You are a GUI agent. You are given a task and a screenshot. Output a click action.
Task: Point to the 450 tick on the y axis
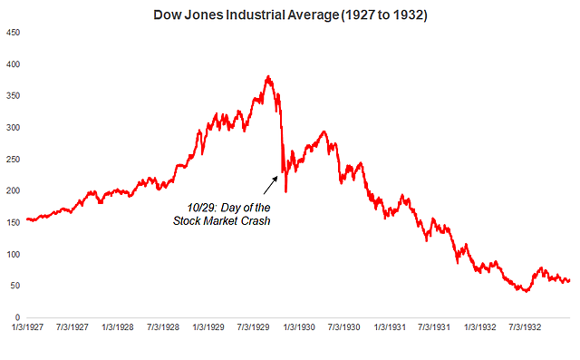click(12, 33)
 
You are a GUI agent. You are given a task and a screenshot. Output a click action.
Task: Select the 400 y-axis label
click(12, 64)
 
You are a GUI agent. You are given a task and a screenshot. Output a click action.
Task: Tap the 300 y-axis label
click(12, 128)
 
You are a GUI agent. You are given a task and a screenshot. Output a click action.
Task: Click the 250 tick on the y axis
click(12, 160)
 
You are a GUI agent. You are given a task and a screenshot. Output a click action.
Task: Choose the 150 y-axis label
click(12, 222)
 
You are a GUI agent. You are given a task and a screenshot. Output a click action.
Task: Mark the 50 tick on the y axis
click(14, 286)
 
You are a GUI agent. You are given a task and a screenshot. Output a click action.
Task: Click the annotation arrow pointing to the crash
click(271, 185)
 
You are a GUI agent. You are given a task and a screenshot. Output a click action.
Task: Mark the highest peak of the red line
click(267, 77)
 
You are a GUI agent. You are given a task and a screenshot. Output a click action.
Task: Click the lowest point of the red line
click(525, 291)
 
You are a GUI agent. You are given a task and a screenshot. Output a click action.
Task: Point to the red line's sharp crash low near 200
click(285, 191)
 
